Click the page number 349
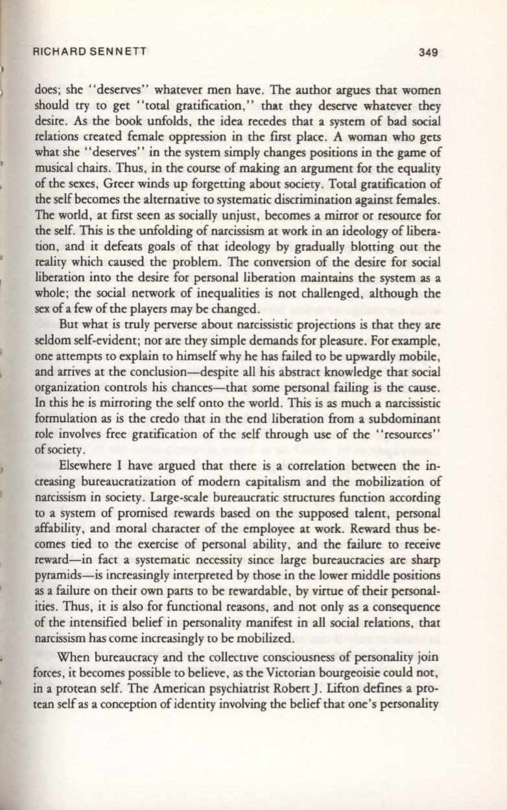click(x=429, y=52)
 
